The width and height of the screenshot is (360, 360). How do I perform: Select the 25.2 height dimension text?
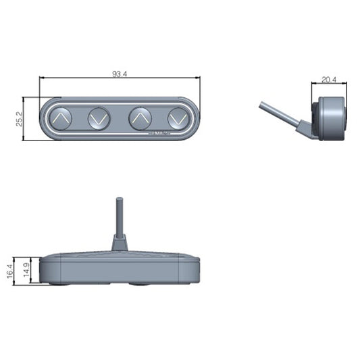pyautogui.click(x=20, y=119)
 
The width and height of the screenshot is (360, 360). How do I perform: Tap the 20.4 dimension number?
pyautogui.click(x=329, y=80)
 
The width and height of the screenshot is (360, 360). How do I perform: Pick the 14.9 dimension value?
pyautogui.click(x=26, y=270)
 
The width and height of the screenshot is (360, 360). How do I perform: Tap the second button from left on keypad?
pyautogui.click(x=99, y=119)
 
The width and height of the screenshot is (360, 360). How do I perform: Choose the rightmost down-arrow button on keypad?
pyautogui.click(x=179, y=119)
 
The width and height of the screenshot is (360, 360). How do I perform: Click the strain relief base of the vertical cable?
pyautogui.click(x=119, y=242)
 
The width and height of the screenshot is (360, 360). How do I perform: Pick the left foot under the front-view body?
pyautogui.click(x=58, y=284)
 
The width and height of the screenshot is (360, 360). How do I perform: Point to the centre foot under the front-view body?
pyautogui.click(x=140, y=284)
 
